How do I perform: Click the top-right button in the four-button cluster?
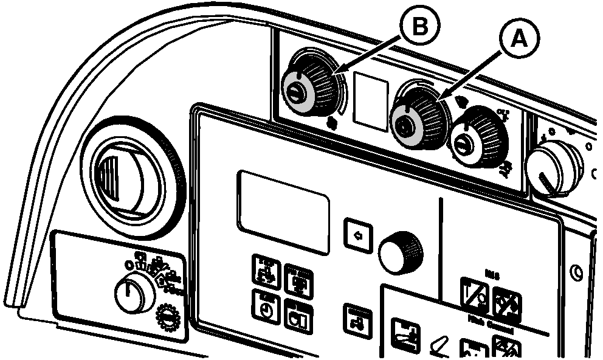pos(297,283)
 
